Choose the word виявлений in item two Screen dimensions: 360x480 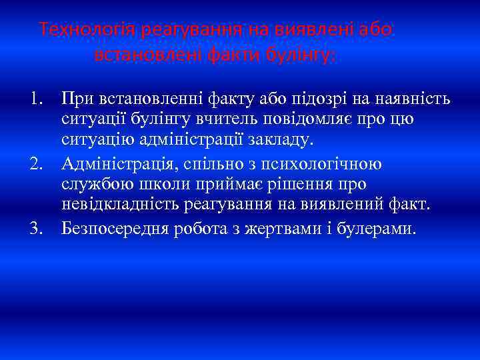tap(345, 204)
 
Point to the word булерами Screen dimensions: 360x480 tap(377, 229)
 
